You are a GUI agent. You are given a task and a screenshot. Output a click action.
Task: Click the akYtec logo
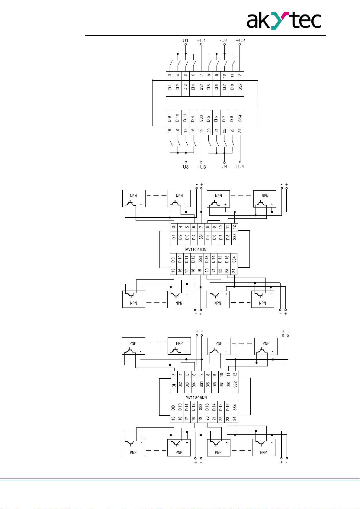tap(284, 20)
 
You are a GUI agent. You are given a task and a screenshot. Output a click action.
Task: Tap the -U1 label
tap(185, 40)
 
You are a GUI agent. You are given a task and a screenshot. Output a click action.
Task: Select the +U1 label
tap(201, 40)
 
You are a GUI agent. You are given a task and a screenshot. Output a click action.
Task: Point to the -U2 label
tap(223, 40)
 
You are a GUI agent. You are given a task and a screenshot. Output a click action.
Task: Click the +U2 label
tap(240, 40)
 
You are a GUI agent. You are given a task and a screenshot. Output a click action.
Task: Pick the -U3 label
tap(185, 167)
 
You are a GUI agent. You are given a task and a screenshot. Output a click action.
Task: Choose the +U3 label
tap(201, 167)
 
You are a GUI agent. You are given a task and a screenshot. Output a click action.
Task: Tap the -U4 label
tap(223, 166)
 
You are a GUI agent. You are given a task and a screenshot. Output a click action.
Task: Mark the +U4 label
tap(239, 166)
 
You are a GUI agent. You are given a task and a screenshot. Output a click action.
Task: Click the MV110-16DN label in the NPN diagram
tap(196, 250)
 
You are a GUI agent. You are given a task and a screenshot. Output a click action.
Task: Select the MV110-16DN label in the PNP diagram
tap(196, 397)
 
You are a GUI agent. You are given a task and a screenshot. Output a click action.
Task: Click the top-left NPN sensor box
tap(134, 198)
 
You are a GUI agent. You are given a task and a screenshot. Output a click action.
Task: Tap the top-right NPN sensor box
tap(265, 198)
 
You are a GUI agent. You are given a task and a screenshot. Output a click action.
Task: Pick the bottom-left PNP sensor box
tap(133, 447)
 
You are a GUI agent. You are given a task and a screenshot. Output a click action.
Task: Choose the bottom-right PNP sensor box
tap(264, 447)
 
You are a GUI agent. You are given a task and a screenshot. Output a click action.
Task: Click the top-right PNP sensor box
tap(266, 346)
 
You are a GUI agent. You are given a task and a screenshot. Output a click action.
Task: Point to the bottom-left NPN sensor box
tap(133, 299)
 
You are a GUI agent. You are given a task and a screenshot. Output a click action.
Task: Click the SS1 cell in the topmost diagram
tap(201, 87)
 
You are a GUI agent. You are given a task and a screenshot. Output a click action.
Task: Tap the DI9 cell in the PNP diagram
tap(173, 408)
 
